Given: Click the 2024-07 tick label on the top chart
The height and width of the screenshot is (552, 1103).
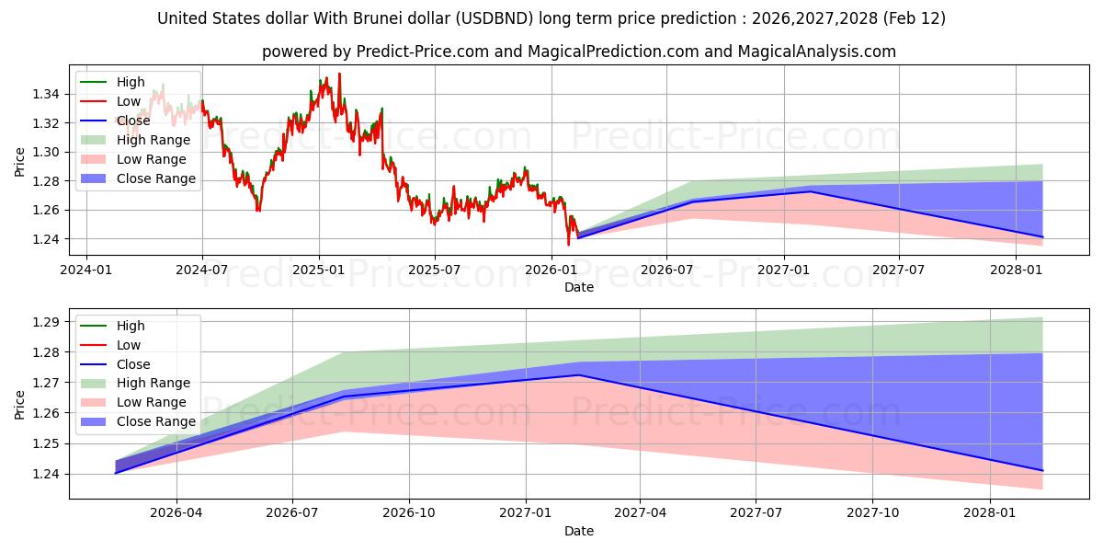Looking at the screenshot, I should tap(201, 270).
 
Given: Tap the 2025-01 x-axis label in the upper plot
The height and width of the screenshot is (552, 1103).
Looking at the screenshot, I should tap(318, 270).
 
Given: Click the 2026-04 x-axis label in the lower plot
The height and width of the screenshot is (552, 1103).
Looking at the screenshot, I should tap(176, 512).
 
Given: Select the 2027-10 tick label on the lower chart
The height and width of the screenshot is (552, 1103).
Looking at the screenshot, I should tap(873, 512).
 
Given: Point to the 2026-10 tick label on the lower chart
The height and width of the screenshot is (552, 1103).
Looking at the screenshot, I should tap(408, 512).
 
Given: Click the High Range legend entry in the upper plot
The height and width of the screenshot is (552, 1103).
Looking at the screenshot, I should tap(154, 140).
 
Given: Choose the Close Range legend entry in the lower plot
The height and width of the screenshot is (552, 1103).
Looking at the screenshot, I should tap(156, 421).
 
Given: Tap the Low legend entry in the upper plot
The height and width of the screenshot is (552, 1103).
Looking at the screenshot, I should tap(129, 101).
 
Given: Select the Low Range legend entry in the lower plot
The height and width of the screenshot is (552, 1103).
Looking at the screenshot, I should tap(152, 402).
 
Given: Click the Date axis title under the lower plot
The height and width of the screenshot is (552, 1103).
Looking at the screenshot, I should tap(579, 531).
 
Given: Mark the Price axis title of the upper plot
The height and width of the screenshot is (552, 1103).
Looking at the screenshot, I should tap(20, 162).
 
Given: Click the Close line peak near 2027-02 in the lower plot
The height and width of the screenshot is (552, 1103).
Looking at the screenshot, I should tap(579, 374).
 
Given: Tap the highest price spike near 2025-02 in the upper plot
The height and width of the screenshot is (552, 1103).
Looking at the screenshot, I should tap(339, 74).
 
